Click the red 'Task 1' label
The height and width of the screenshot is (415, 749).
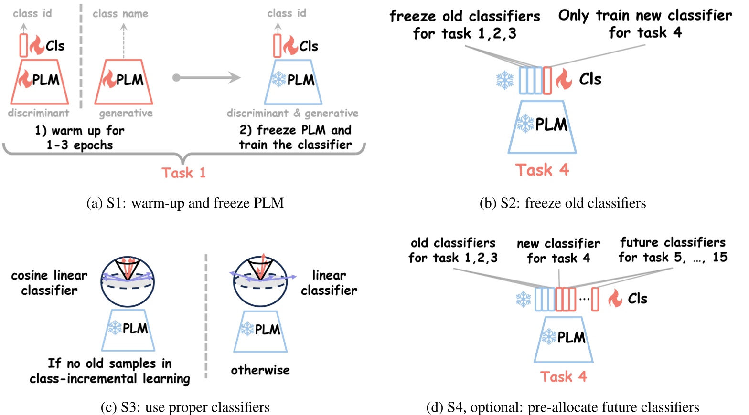click(183, 173)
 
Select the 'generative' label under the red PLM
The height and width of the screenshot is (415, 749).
click(126, 114)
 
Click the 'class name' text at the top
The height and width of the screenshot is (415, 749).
click(120, 14)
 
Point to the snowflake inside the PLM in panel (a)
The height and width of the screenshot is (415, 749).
click(278, 79)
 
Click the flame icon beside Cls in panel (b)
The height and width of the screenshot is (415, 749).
click(564, 79)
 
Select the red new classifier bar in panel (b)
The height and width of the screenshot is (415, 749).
click(547, 80)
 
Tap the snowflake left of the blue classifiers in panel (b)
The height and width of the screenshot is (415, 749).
click(504, 80)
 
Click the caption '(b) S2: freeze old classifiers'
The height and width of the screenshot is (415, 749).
click(562, 203)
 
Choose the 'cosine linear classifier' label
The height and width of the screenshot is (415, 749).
click(49, 282)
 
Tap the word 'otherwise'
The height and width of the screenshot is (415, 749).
click(260, 370)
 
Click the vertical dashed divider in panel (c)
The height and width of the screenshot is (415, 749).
click(206, 315)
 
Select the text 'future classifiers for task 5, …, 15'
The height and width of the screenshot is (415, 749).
click(672, 250)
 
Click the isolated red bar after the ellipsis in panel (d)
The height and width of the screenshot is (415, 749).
click(595, 299)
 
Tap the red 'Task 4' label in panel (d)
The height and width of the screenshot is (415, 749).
click(563, 376)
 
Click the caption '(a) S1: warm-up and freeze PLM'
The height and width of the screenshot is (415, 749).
click(185, 203)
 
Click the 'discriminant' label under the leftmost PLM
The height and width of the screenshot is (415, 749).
click(38, 114)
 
